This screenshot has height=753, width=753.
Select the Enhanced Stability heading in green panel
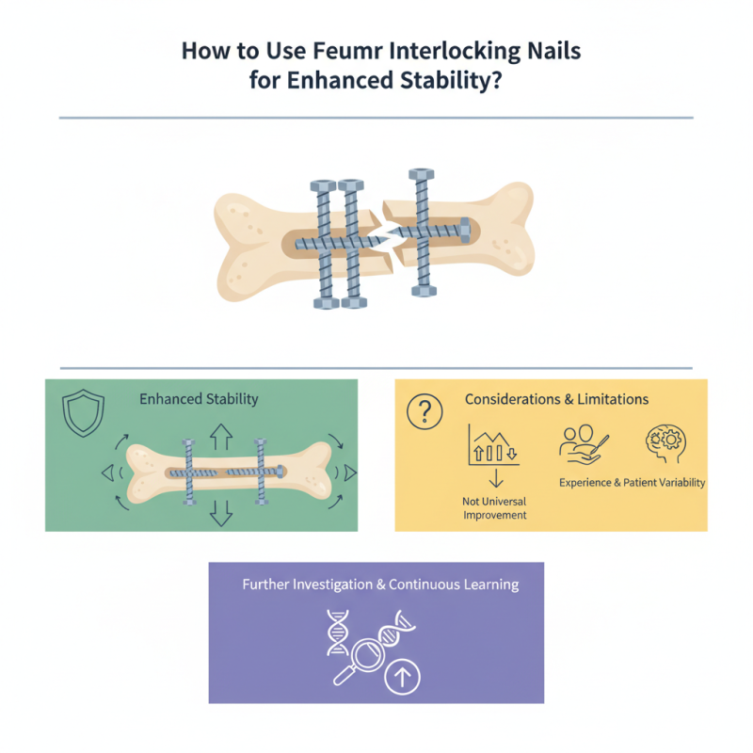click(199, 399)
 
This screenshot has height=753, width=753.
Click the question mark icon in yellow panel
click(424, 410)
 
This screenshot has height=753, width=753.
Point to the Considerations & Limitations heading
click(556, 399)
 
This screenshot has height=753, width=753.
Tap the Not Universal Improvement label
click(495, 508)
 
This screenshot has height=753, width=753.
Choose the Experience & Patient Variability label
click(632, 482)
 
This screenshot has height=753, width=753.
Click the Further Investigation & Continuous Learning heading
click(380, 585)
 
